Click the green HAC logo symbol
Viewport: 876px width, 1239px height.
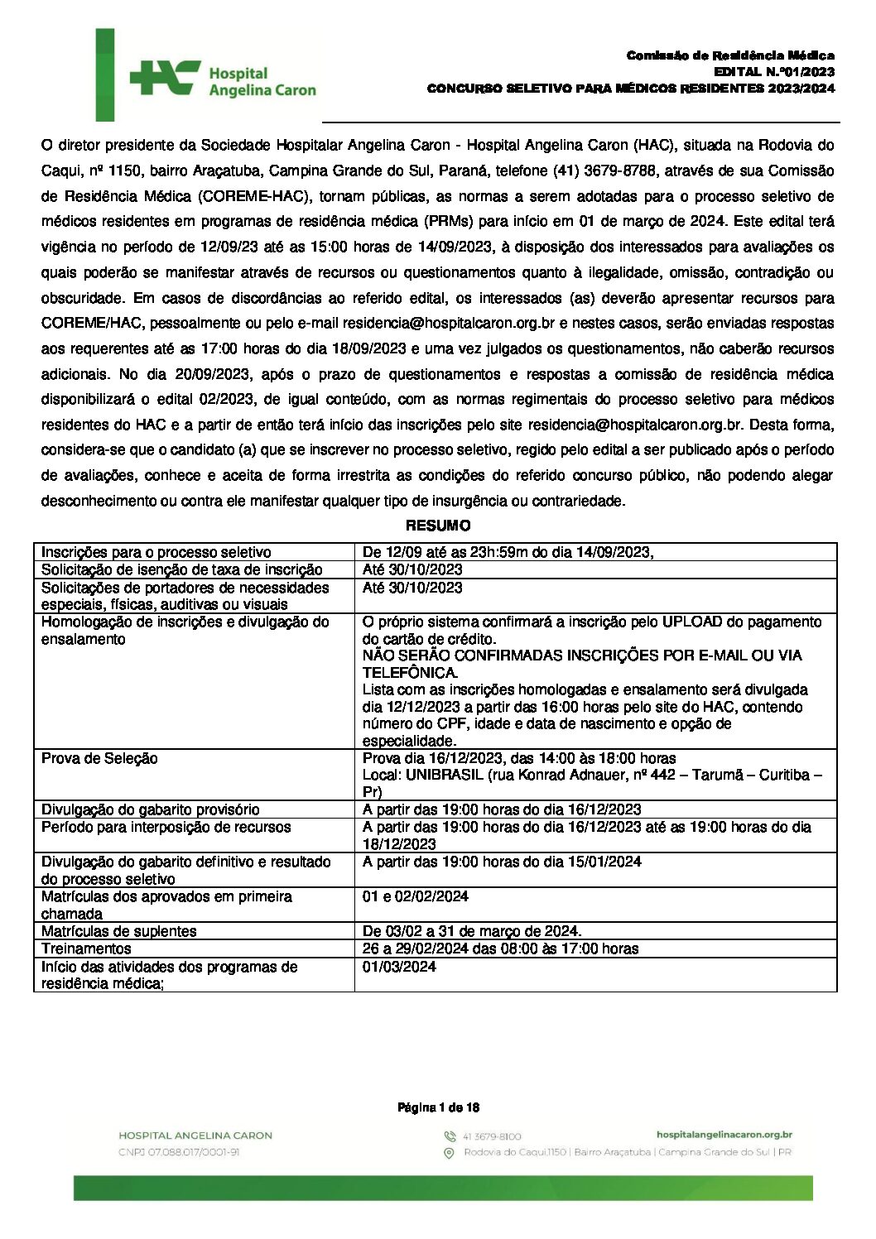click(164, 78)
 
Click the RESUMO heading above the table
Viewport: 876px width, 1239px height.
click(438, 526)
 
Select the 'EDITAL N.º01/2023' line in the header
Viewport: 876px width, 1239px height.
click(773, 72)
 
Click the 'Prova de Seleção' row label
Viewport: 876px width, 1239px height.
click(99, 758)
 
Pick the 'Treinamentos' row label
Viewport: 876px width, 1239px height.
click(86, 948)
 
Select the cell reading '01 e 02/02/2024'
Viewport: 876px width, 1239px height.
click(416, 896)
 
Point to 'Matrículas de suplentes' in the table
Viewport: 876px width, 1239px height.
click(119, 931)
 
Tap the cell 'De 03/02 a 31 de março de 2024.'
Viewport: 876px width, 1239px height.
click(472, 931)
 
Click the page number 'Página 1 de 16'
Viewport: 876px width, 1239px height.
click(438, 1107)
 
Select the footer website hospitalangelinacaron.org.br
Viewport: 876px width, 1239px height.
click(724, 1136)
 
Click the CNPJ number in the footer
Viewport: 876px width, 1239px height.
click(179, 1152)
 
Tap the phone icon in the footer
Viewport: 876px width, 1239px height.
click(450, 1136)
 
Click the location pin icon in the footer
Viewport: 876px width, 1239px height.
click(450, 1153)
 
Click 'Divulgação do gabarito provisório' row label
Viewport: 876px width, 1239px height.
click(150, 809)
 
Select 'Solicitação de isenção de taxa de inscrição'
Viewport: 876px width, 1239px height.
click(182, 569)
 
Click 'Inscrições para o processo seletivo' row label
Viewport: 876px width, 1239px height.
click(156, 552)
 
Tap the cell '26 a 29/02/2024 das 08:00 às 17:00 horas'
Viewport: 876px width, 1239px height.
click(500, 948)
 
